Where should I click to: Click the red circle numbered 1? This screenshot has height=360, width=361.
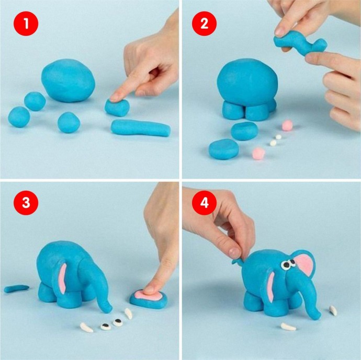[x=26, y=24]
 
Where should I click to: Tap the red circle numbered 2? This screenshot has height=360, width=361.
[x=204, y=24]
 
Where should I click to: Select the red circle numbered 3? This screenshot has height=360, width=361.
[x=26, y=203]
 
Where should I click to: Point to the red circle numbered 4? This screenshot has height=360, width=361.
[x=204, y=203]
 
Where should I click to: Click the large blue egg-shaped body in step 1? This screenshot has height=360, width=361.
[x=68, y=80]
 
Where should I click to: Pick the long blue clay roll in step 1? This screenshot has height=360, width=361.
[x=141, y=128]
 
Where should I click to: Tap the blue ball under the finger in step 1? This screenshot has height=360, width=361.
[x=117, y=108]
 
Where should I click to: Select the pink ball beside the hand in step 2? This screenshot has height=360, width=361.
[x=287, y=125]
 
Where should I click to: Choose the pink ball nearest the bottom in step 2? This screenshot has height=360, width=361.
[x=258, y=154]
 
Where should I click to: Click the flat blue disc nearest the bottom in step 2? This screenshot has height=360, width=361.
[x=224, y=149]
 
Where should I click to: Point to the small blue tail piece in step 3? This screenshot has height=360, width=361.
[x=17, y=288]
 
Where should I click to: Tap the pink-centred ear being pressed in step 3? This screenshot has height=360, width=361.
[x=149, y=299]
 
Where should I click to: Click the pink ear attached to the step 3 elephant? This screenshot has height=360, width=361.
[x=62, y=278]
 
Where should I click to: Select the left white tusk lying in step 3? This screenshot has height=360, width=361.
[x=86, y=328]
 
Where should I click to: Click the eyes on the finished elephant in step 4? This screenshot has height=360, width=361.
[x=288, y=264]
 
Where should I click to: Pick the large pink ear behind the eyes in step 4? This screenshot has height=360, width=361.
[x=305, y=264]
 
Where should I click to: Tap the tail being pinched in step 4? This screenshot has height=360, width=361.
[x=238, y=261]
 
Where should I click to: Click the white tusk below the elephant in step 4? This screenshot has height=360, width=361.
[x=288, y=327]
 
